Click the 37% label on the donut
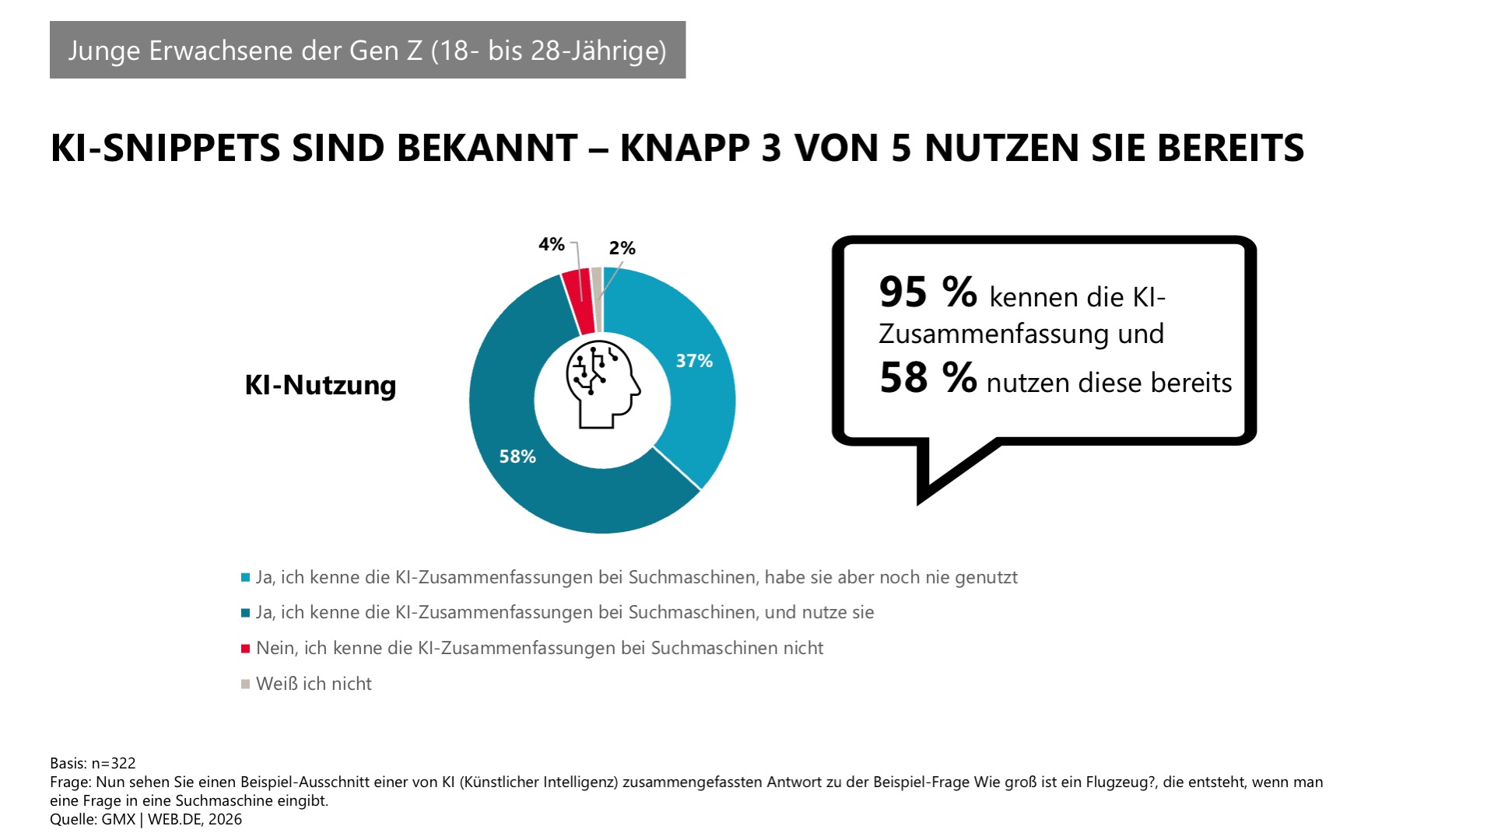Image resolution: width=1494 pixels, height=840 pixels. click(693, 361)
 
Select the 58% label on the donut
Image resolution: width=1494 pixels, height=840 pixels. click(517, 457)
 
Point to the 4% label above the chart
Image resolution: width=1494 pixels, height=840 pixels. click(551, 244)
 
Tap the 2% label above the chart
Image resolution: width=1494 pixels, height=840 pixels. click(622, 248)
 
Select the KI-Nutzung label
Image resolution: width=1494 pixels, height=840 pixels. click(320, 385)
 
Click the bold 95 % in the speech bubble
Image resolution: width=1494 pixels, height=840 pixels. click(928, 293)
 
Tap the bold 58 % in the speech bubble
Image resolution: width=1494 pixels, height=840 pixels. click(928, 378)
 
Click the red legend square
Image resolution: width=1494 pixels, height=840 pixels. click(245, 649)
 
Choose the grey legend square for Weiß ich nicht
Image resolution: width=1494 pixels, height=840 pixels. click(245, 684)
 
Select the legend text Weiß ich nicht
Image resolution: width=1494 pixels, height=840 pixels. click(314, 684)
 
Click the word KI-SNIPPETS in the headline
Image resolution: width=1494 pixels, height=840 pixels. click(165, 148)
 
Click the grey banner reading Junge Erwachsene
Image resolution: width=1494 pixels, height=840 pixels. click(367, 50)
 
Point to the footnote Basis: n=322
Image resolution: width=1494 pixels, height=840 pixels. click(93, 763)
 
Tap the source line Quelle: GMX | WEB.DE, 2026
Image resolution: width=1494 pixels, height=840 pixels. click(146, 819)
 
